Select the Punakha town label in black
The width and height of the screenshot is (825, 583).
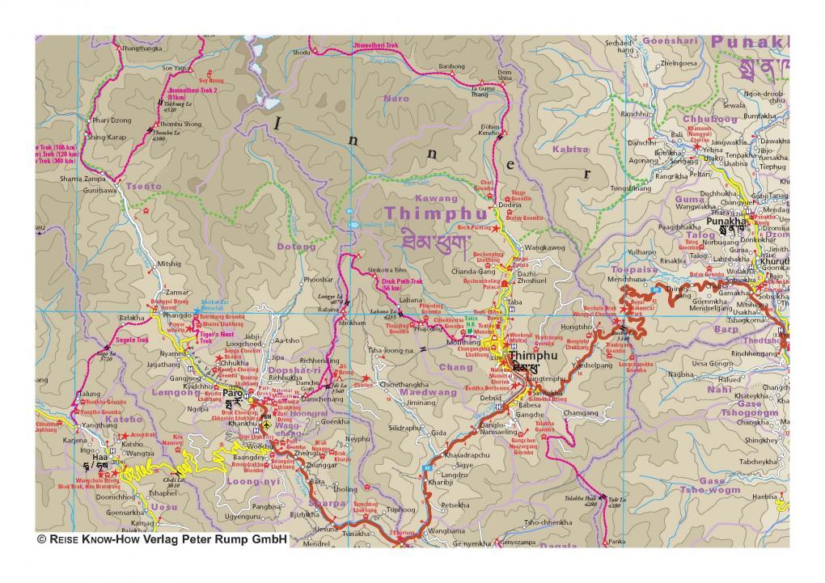point(725,220)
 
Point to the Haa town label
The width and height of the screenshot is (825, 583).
point(98,455)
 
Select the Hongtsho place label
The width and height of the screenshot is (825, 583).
point(577,327)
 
